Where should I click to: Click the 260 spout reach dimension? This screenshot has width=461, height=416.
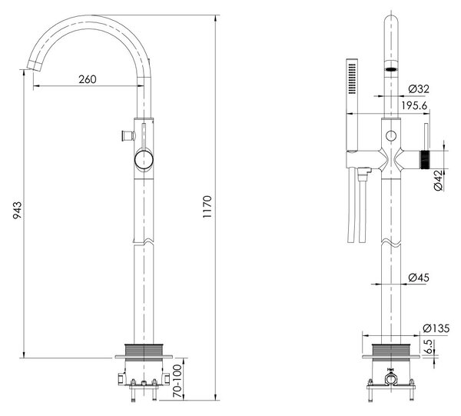click(88, 79)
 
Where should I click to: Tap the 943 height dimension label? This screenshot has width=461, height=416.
click(18, 210)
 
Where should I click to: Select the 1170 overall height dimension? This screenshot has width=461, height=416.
click(207, 207)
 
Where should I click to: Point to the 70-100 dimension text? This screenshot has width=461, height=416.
click(177, 381)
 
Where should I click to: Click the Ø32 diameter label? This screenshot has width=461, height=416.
click(419, 89)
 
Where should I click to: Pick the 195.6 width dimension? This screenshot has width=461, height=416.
click(415, 105)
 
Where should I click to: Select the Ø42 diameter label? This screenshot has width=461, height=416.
click(438, 180)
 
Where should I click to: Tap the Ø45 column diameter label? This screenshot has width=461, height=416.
click(419, 277)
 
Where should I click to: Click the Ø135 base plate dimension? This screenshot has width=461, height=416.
click(436, 328)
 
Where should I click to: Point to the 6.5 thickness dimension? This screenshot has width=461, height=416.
click(429, 347)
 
